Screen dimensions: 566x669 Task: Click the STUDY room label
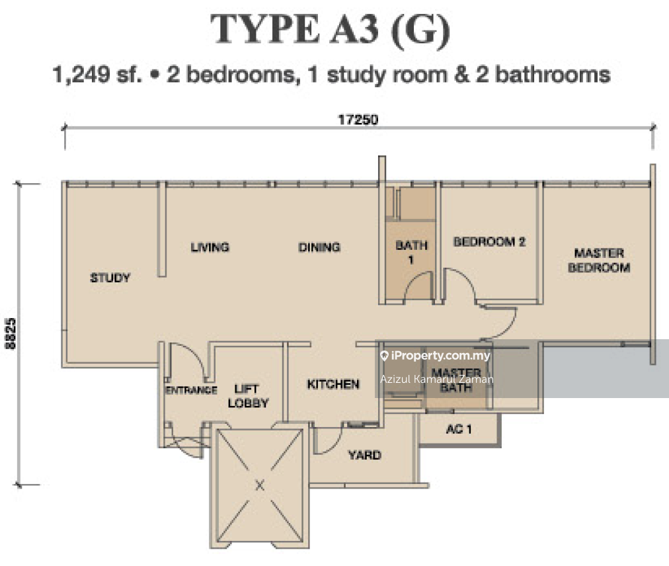110,278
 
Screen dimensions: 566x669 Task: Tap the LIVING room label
210,247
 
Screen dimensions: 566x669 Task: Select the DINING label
319,247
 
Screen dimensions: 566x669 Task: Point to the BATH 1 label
411,252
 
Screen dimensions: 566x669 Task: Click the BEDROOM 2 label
489,242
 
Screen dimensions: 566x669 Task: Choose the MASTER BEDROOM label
599,261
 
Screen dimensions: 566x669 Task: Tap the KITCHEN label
333,384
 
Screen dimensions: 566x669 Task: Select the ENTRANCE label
190,390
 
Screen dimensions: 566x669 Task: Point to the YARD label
365,455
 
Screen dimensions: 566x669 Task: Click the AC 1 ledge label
459,429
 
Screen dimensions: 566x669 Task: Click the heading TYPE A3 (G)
331,30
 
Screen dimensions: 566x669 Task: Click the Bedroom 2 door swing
461,284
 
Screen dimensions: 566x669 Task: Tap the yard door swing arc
328,442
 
